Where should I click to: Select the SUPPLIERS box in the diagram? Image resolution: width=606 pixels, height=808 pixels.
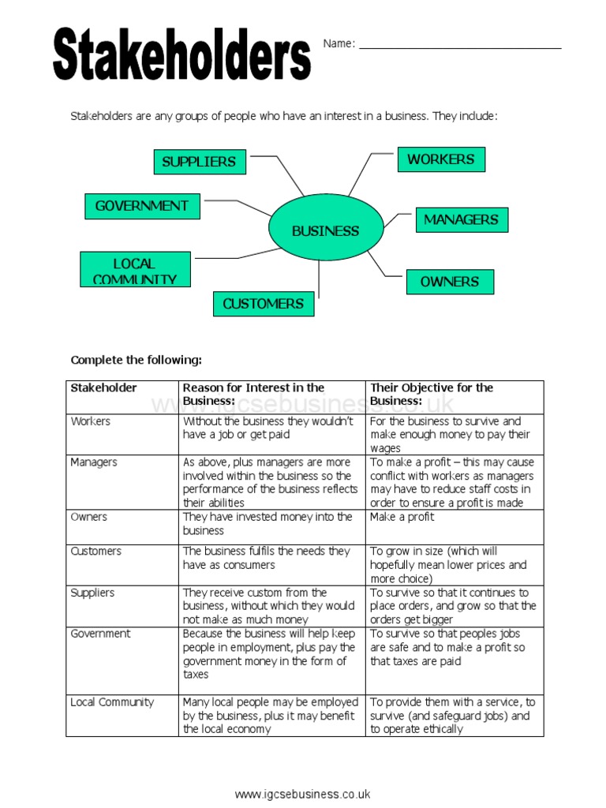pyautogui.click(x=200, y=162)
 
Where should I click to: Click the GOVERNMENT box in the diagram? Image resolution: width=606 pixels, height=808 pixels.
pyautogui.click(x=142, y=206)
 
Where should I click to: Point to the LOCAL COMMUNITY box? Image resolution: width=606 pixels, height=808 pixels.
pyautogui.click(x=135, y=269)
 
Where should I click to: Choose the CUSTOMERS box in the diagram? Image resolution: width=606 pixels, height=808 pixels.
pyautogui.click(x=263, y=304)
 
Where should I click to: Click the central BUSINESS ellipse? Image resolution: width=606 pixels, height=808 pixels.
pyautogui.click(x=325, y=231)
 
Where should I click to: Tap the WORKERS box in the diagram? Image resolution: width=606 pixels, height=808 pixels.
pyautogui.click(x=440, y=159)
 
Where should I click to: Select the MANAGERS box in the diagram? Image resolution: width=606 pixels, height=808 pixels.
pyautogui.click(x=462, y=220)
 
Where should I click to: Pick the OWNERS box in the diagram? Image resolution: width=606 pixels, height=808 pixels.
pyautogui.click(x=450, y=282)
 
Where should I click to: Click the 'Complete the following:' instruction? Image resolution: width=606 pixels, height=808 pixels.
pyautogui.click(x=137, y=361)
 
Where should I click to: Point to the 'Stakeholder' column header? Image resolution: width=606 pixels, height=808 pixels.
pyautogui.click(x=103, y=387)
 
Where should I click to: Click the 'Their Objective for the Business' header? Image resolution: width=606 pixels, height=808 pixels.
pyautogui.click(x=431, y=394)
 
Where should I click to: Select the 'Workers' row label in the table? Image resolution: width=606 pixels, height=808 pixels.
pyautogui.click(x=90, y=421)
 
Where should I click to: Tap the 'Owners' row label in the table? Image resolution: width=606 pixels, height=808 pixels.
pyautogui.click(x=88, y=517)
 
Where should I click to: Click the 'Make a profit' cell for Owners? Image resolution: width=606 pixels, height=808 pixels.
pyautogui.click(x=402, y=517)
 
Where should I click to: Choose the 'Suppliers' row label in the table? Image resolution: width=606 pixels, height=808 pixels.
pyautogui.click(x=92, y=593)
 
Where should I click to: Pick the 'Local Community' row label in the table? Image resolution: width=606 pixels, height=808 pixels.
pyautogui.click(x=112, y=702)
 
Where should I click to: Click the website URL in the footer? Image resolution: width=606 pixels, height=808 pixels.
pyautogui.click(x=302, y=794)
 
